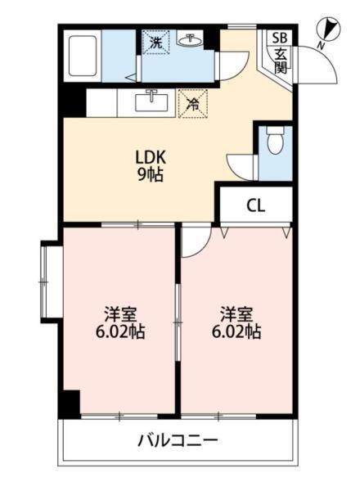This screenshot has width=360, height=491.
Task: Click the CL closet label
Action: (x=255, y=205)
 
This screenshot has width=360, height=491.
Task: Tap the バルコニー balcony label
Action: (x=178, y=441)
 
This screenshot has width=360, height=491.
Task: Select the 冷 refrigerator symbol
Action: (x=192, y=104)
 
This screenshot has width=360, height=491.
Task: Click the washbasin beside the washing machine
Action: (x=192, y=42)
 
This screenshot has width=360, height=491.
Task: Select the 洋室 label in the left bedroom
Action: (x=120, y=314)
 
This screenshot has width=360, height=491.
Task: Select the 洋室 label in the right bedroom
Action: (x=236, y=314)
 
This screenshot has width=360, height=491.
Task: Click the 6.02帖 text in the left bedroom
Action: (x=120, y=333)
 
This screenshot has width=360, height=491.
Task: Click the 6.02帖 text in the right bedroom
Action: (x=236, y=333)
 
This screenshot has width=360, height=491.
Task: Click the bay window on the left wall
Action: (x=47, y=281)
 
